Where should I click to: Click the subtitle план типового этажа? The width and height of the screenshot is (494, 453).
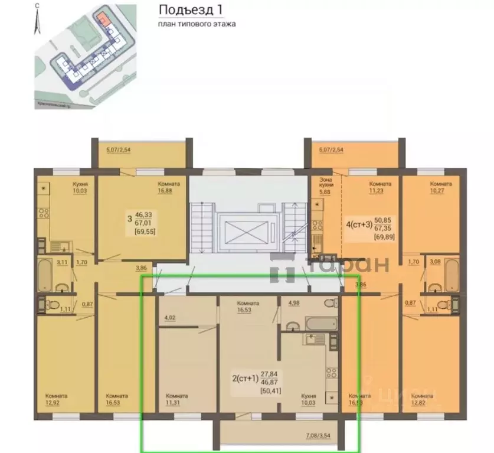197,24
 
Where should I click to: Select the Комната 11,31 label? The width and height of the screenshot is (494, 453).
176,400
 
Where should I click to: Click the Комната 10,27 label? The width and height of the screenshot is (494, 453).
440,187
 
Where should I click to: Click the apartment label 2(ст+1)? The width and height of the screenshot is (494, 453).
246,379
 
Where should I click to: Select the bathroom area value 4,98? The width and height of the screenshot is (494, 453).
293,304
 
